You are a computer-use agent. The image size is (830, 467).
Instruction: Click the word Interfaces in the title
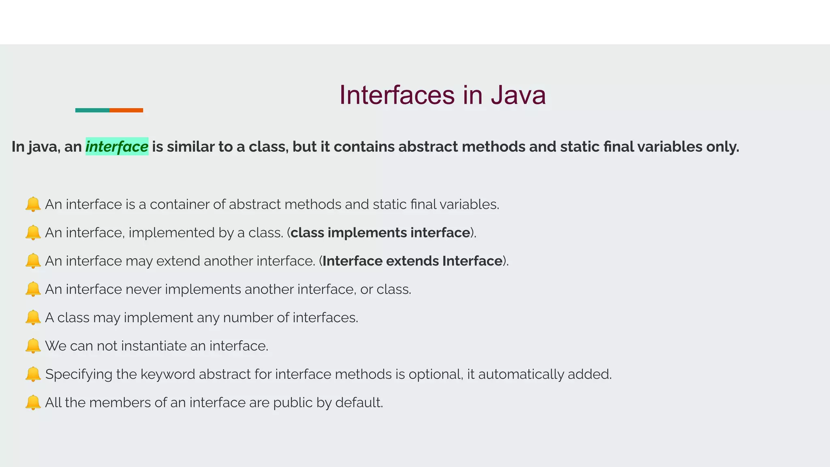(x=397, y=95)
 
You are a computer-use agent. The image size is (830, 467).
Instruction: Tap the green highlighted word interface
(x=117, y=147)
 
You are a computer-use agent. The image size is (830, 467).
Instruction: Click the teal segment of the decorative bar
(x=92, y=110)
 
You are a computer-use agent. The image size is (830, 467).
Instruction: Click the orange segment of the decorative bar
(x=126, y=110)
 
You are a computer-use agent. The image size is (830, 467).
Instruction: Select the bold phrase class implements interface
(x=380, y=233)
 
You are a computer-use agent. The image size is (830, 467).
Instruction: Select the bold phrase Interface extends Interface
(x=412, y=261)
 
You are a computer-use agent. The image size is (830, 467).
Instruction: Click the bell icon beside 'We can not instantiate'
(x=33, y=346)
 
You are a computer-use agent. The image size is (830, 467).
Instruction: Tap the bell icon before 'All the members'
(x=33, y=403)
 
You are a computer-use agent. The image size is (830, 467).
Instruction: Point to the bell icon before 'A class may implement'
(x=33, y=317)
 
